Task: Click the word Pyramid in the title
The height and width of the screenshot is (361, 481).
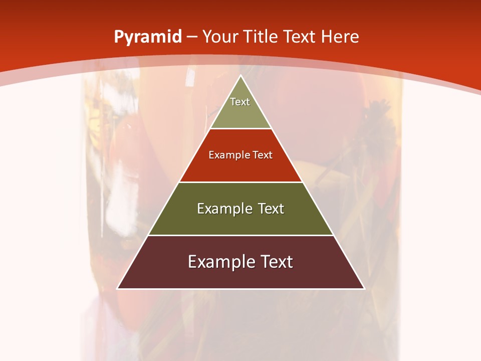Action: click(x=147, y=37)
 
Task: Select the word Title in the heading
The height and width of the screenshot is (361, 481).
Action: click(x=262, y=37)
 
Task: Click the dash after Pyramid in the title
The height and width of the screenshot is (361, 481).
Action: click(x=192, y=37)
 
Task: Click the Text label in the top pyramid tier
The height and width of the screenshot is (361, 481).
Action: click(x=240, y=102)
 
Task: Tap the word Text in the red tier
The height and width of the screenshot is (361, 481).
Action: click(x=263, y=155)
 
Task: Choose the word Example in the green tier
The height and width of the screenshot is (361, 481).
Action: click(x=223, y=209)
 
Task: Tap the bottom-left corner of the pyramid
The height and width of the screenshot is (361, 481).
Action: click(x=117, y=288)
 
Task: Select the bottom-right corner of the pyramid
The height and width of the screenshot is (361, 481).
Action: click(x=364, y=288)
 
